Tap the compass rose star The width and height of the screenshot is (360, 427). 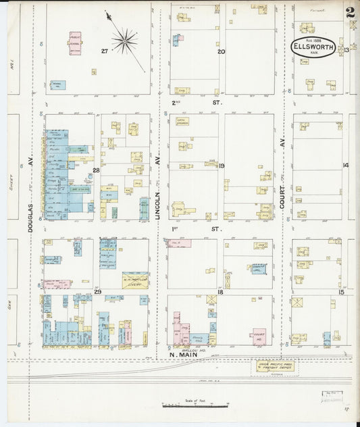point(124,42)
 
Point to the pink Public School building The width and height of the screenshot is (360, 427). point(74,43)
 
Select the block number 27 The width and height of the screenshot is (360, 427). point(105,51)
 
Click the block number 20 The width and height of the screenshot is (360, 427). point(220,51)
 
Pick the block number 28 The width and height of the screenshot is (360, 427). point(96,170)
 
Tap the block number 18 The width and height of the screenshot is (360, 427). point(220,291)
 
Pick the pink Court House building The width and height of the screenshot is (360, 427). point(259,335)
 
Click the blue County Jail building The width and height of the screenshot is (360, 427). point(259,268)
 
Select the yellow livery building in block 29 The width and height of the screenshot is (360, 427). point(135,280)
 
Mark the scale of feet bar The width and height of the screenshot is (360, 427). point(195,406)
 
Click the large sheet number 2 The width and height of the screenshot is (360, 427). point(350,12)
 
